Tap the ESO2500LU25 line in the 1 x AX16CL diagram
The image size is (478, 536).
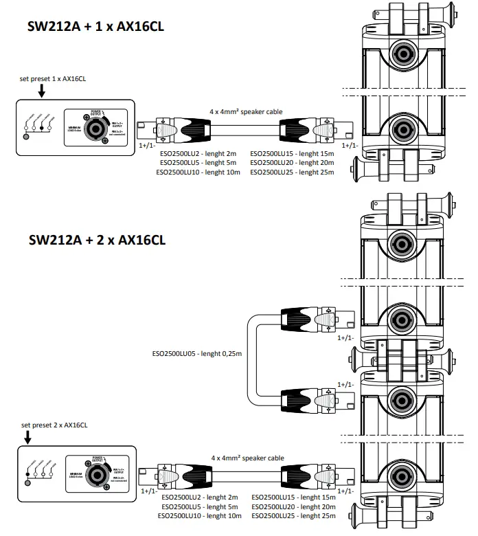click(x=293, y=172)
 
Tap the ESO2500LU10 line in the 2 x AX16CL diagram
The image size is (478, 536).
click(x=198, y=515)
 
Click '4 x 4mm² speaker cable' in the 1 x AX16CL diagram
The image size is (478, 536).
click(x=246, y=111)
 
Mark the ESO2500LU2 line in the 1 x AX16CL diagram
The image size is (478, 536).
click(x=198, y=153)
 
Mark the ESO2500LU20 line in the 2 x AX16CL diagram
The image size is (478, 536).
click(x=293, y=506)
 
